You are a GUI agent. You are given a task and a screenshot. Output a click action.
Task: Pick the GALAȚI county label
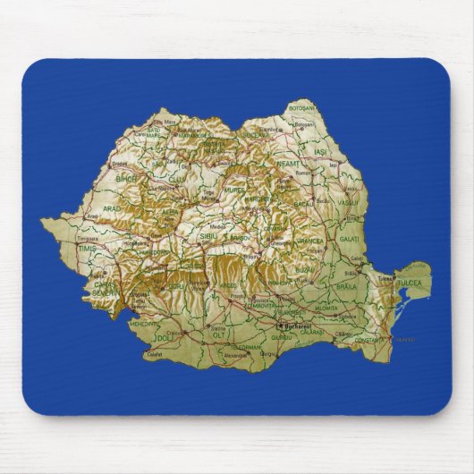(349, 239)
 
